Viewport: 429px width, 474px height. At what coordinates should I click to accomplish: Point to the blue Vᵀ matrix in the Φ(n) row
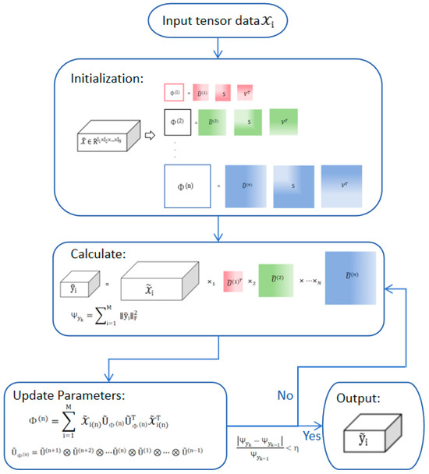[341, 186]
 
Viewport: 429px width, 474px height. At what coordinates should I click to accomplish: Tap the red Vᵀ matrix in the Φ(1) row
[245, 94]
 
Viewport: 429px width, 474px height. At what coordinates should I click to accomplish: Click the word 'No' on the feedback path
[285, 395]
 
